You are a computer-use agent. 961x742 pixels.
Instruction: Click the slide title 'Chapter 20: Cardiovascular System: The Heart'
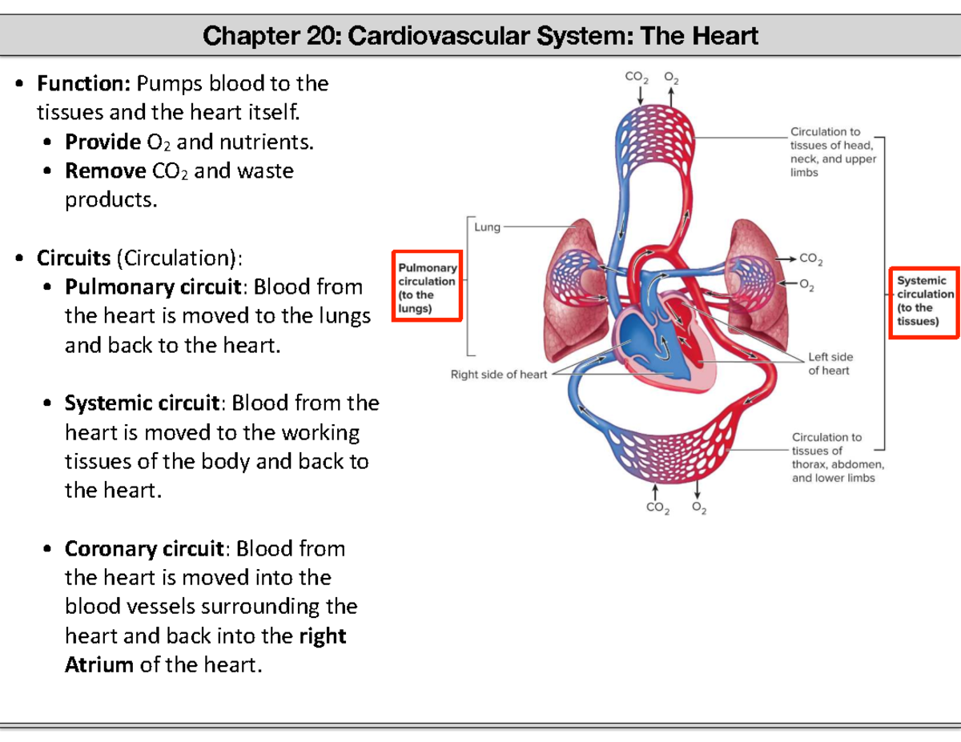(x=480, y=36)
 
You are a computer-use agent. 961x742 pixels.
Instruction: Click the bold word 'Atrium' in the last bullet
(x=99, y=665)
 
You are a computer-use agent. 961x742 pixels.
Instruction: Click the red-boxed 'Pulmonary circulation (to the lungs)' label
(x=427, y=287)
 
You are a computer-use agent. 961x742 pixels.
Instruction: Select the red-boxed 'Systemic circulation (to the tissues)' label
(x=924, y=301)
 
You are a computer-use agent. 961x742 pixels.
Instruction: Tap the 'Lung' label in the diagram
(x=487, y=227)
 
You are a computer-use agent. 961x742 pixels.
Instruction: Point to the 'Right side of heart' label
(x=498, y=375)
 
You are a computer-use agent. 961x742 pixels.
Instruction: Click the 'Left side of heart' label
(x=830, y=363)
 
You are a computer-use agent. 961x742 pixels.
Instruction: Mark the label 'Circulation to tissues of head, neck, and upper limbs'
(x=832, y=151)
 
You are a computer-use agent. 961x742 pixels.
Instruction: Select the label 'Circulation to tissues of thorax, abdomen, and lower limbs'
(x=837, y=457)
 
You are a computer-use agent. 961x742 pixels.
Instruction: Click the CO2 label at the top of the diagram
(x=635, y=78)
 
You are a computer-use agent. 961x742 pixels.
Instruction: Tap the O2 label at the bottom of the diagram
(x=698, y=508)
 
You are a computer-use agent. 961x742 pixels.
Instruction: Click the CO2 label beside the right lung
(x=811, y=259)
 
